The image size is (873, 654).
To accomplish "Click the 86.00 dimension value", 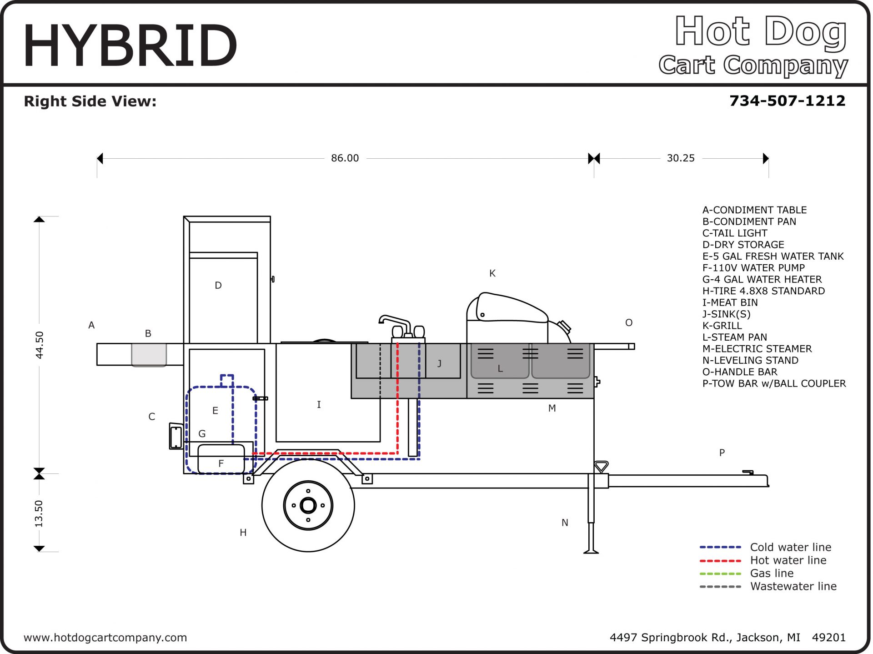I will pos(345,158).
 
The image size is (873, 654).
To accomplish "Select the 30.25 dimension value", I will pos(680,158).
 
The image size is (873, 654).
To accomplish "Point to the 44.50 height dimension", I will pos(40,345).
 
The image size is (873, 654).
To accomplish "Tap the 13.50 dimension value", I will pos(40,513).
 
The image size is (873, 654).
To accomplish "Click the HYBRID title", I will pos(130,45).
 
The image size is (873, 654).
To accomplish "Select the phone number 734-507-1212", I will pos(787,101).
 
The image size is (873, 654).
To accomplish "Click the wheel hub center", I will pos(308,505).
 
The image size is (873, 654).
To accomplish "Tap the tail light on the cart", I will pos(176,436).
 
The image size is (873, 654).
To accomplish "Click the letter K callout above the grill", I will pos(492,273).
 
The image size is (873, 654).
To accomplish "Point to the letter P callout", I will pos(722,453).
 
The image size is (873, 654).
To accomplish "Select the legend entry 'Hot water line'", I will pos(788,560).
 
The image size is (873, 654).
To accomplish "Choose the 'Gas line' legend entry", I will pos(772,573).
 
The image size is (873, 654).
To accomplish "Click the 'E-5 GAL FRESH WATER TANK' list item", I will pos(773,256).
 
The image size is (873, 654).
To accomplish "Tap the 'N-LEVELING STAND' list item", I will pos(750,360).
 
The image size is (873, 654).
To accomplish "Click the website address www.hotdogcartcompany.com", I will pos(105,638).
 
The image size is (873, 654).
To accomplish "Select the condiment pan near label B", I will pos(149,355).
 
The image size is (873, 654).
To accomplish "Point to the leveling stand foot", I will pos(591,551).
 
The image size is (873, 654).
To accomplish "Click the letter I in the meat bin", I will pos(319,404).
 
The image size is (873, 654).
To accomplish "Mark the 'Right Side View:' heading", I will pos(90,101).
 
